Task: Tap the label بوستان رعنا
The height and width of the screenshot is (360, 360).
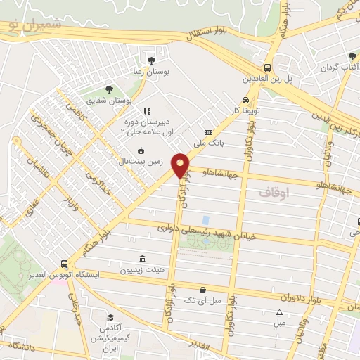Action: coord(150,70)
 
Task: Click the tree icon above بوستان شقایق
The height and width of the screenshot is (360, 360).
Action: coord(108,89)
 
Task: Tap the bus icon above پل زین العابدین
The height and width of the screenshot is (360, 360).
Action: coord(278,60)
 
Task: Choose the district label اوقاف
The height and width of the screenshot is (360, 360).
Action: coord(274,191)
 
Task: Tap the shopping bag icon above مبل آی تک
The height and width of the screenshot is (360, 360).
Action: coord(202,290)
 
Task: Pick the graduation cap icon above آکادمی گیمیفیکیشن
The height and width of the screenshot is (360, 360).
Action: coord(110,318)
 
